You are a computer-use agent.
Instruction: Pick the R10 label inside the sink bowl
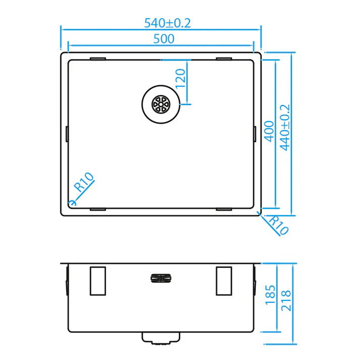click(x=84, y=182)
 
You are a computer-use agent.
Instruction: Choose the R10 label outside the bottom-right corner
click(x=277, y=225)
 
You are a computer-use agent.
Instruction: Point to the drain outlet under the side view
click(x=161, y=337)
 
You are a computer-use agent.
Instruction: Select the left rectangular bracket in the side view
click(x=97, y=280)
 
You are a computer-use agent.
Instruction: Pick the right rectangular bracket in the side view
click(x=224, y=280)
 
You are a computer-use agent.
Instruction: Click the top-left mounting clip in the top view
click(x=97, y=59)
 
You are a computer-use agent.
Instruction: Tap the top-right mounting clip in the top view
click(x=224, y=59)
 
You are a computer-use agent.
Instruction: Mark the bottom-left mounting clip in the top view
click(x=97, y=208)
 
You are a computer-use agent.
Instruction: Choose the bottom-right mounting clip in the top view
click(x=224, y=208)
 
